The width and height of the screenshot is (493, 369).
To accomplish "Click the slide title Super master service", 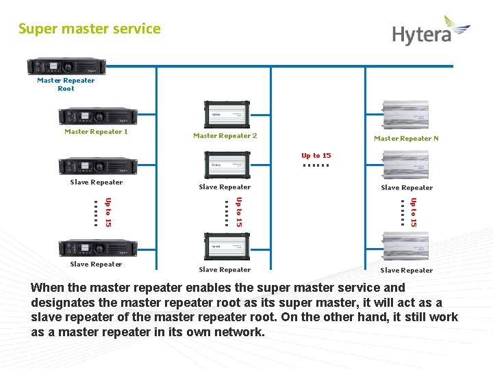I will [90, 29].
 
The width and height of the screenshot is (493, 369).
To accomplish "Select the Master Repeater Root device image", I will [66, 66].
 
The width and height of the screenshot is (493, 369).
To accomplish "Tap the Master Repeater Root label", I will [66, 84].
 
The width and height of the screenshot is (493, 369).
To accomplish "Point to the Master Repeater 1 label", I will [96, 131].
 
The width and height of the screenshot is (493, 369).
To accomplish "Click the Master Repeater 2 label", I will [225, 135].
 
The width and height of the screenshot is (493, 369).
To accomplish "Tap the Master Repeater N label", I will [406, 138].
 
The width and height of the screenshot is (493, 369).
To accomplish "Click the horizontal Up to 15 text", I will [316, 156].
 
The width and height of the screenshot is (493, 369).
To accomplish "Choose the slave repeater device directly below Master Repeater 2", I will [225, 165].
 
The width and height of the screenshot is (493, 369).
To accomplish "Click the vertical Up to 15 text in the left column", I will [108, 212].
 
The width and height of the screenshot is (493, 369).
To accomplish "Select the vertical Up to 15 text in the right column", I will [413, 212].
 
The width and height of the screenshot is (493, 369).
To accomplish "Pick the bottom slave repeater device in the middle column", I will [225, 247].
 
